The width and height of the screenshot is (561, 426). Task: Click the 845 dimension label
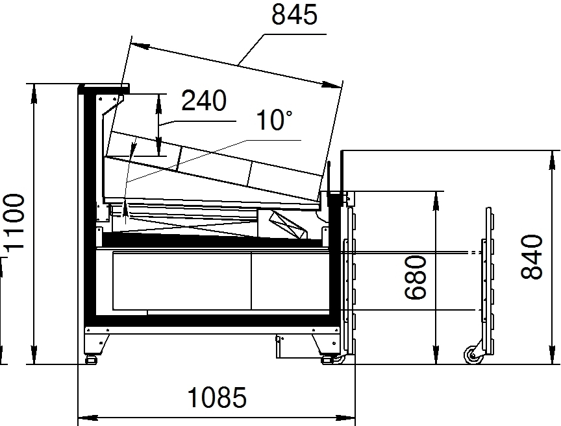(294, 15)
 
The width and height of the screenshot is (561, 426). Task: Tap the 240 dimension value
(204, 101)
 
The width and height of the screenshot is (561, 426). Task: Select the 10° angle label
(275, 120)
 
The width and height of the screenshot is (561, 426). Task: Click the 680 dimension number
(416, 277)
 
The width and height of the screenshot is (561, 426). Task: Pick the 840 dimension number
(532, 257)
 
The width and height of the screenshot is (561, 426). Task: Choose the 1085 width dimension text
(217, 397)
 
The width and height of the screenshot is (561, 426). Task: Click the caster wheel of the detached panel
(473, 355)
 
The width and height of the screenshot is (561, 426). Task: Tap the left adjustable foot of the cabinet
(92, 359)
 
